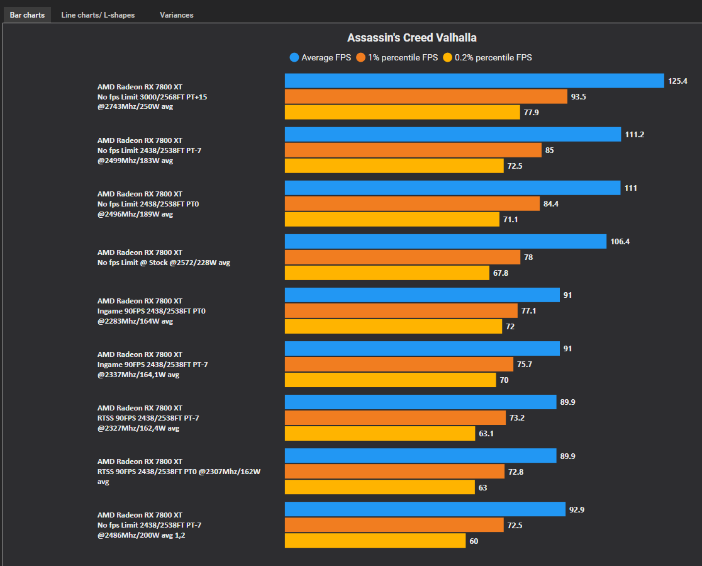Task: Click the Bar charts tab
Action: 27,14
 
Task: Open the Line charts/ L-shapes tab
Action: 97,14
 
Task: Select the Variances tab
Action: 176,14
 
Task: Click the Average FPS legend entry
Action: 320,57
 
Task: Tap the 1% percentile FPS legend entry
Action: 396,57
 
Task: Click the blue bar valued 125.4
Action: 474,81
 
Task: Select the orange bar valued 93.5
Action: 426,96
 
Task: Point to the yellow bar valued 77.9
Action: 402,112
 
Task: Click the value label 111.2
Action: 635,135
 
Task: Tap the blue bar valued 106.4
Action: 445,242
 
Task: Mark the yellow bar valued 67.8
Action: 387,273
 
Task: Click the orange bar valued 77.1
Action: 401,311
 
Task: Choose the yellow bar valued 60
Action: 375,540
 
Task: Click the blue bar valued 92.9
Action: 425,509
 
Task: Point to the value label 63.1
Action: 487,434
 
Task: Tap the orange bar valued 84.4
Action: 412,203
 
